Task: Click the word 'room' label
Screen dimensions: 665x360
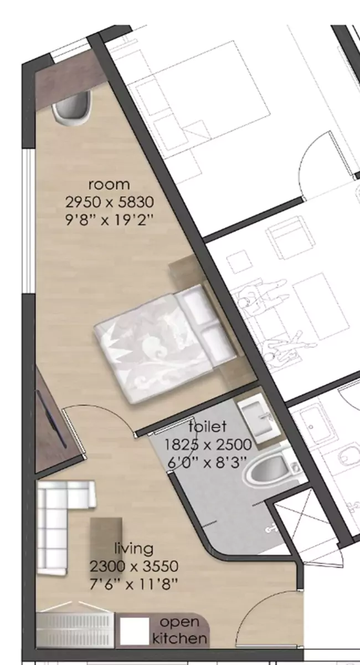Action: point(109,184)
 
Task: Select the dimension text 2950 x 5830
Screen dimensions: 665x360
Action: point(109,201)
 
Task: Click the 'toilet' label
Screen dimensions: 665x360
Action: point(207,427)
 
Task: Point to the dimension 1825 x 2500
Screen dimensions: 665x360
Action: point(208,444)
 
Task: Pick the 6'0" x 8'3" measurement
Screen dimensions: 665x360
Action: point(208,462)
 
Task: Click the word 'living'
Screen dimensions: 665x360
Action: point(133,549)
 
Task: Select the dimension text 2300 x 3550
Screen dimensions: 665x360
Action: point(133,566)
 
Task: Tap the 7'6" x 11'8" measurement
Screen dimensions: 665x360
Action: point(133,583)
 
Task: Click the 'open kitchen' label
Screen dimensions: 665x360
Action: point(180,630)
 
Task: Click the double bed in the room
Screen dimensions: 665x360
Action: point(161,338)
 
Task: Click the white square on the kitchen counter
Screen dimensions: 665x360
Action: point(135,631)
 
